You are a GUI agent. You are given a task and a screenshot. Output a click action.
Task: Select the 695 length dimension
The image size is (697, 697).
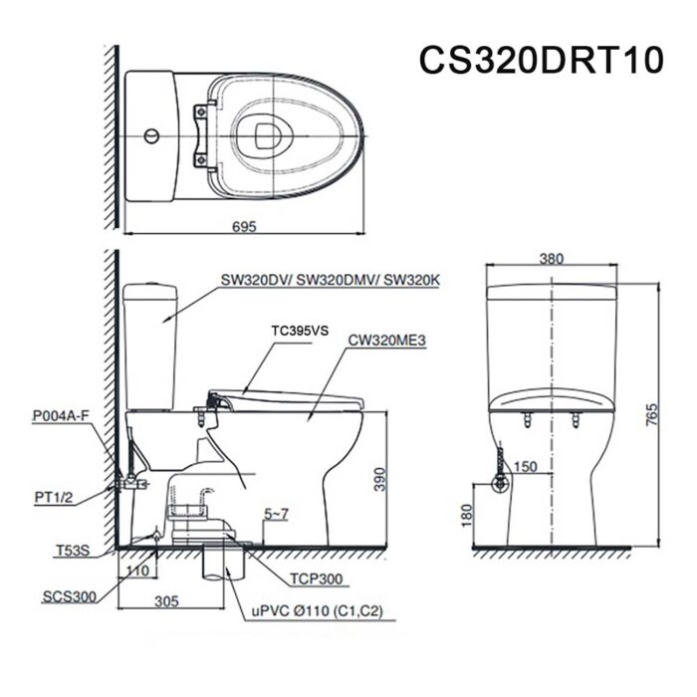coord(244,226)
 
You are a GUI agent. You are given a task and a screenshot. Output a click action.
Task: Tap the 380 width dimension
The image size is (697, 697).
coord(551,258)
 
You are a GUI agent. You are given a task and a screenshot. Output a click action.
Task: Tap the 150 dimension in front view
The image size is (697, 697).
coord(527,466)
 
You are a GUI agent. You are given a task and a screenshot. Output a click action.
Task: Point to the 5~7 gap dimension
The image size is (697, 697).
coord(277,515)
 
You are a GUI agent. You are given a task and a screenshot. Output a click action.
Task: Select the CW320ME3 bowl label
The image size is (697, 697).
coord(387,339)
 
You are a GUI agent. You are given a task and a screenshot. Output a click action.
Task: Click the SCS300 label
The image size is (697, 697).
coord(70,597)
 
